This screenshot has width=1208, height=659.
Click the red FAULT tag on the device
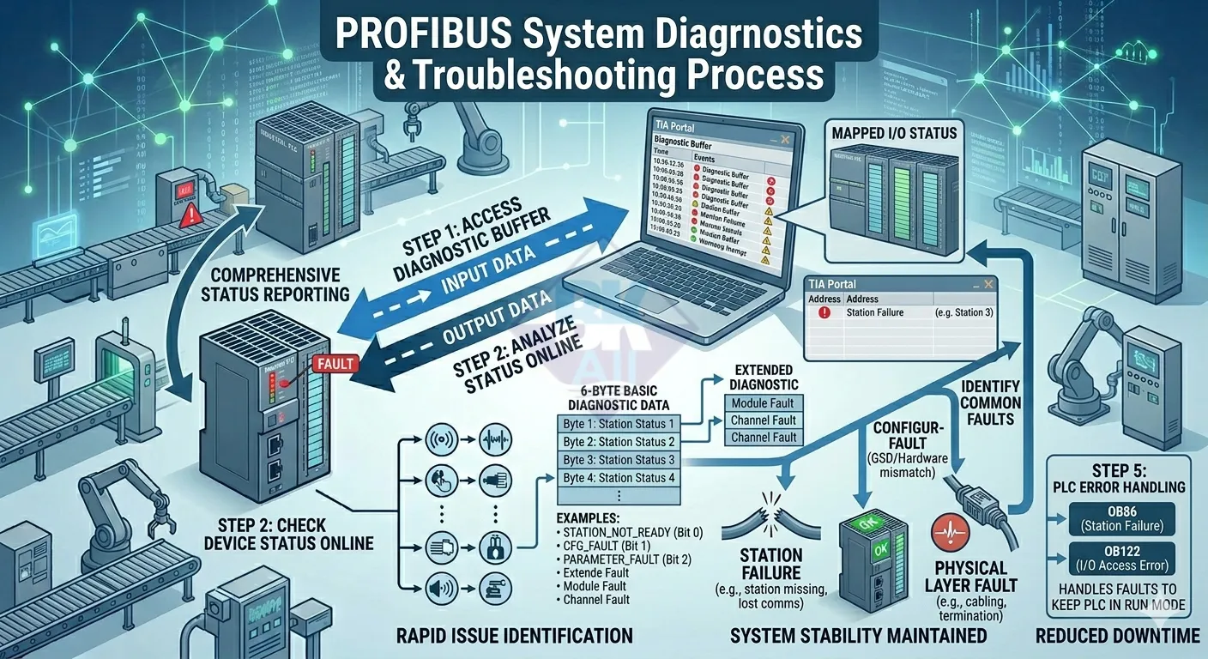coord(335,364)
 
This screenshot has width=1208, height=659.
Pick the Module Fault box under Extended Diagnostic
coord(763,403)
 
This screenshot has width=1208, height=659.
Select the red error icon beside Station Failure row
coord(824,312)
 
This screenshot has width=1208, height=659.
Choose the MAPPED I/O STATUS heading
coord(895,134)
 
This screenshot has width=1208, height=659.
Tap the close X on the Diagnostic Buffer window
coord(785,139)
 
